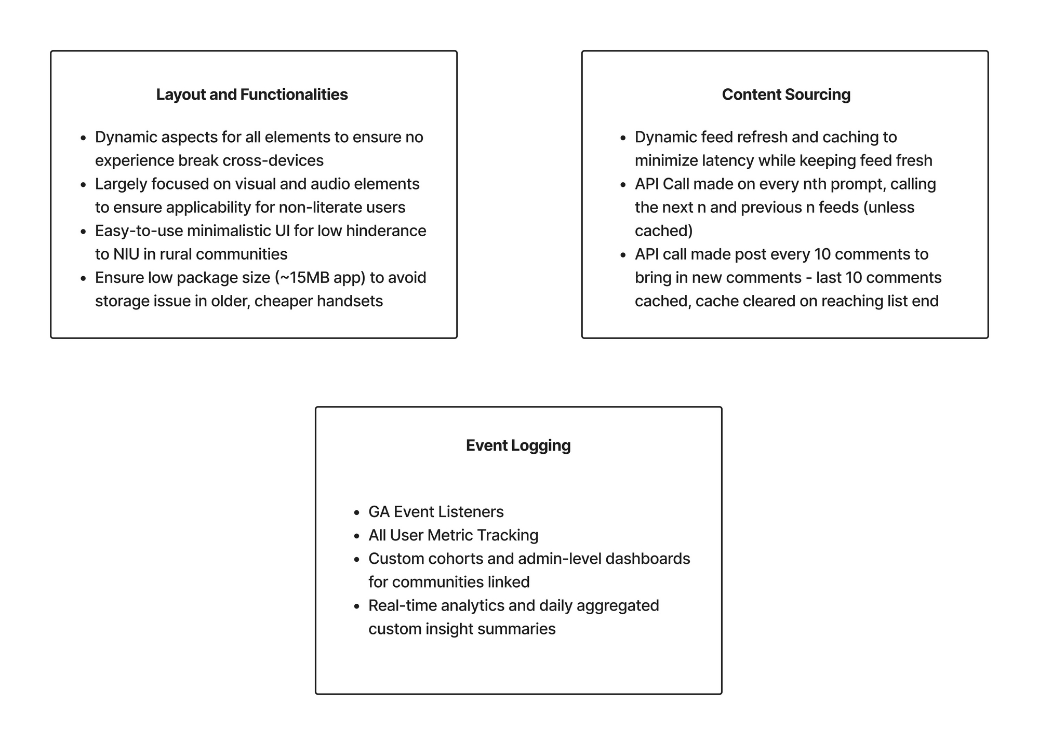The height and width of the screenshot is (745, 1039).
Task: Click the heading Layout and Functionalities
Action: pyautogui.click(x=252, y=94)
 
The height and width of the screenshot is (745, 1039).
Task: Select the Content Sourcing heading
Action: pyautogui.click(x=786, y=94)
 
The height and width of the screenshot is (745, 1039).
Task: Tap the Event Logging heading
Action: pyautogui.click(x=518, y=445)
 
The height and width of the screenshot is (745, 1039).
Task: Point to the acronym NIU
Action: pyautogui.click(x=125, y=254)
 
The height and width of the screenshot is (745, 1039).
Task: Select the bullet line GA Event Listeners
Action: pyautogui.click(x=436, y=512)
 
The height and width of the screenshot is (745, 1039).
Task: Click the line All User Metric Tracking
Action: pyautogui.click(x=453, y=535)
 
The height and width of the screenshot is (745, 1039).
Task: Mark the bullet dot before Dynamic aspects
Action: pyautogui.click(x=83, y=138)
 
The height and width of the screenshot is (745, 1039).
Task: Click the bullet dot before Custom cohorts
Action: pyautogui.click(x=356, y=560)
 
